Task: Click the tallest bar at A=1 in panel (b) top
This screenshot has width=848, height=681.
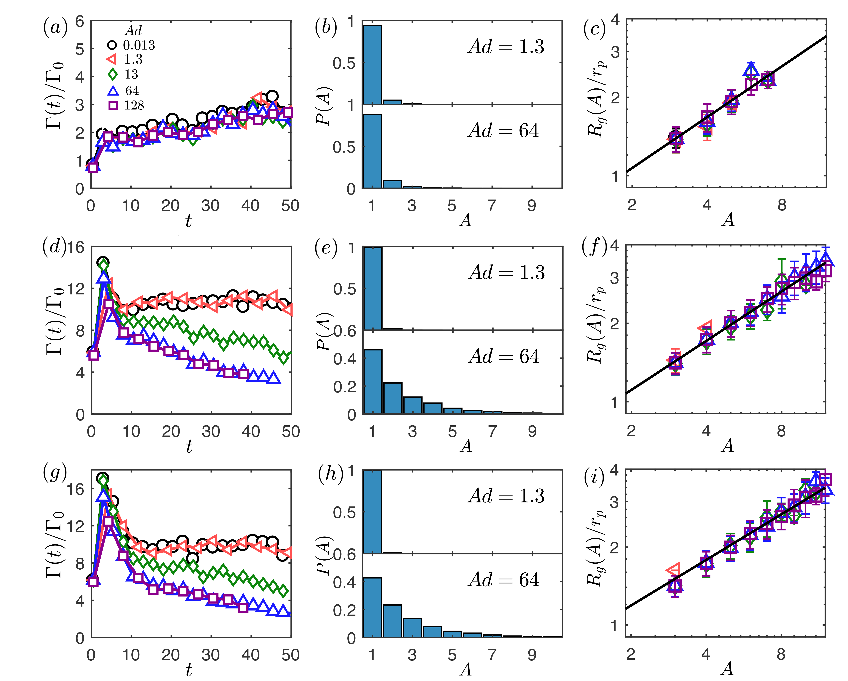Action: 372,65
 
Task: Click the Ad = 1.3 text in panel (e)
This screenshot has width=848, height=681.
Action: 506,272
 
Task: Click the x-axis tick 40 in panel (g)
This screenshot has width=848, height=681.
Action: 250,655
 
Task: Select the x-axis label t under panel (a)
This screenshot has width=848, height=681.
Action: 189,221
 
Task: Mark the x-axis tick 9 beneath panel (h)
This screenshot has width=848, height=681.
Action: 532,655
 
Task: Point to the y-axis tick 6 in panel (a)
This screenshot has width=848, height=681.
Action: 80,22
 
